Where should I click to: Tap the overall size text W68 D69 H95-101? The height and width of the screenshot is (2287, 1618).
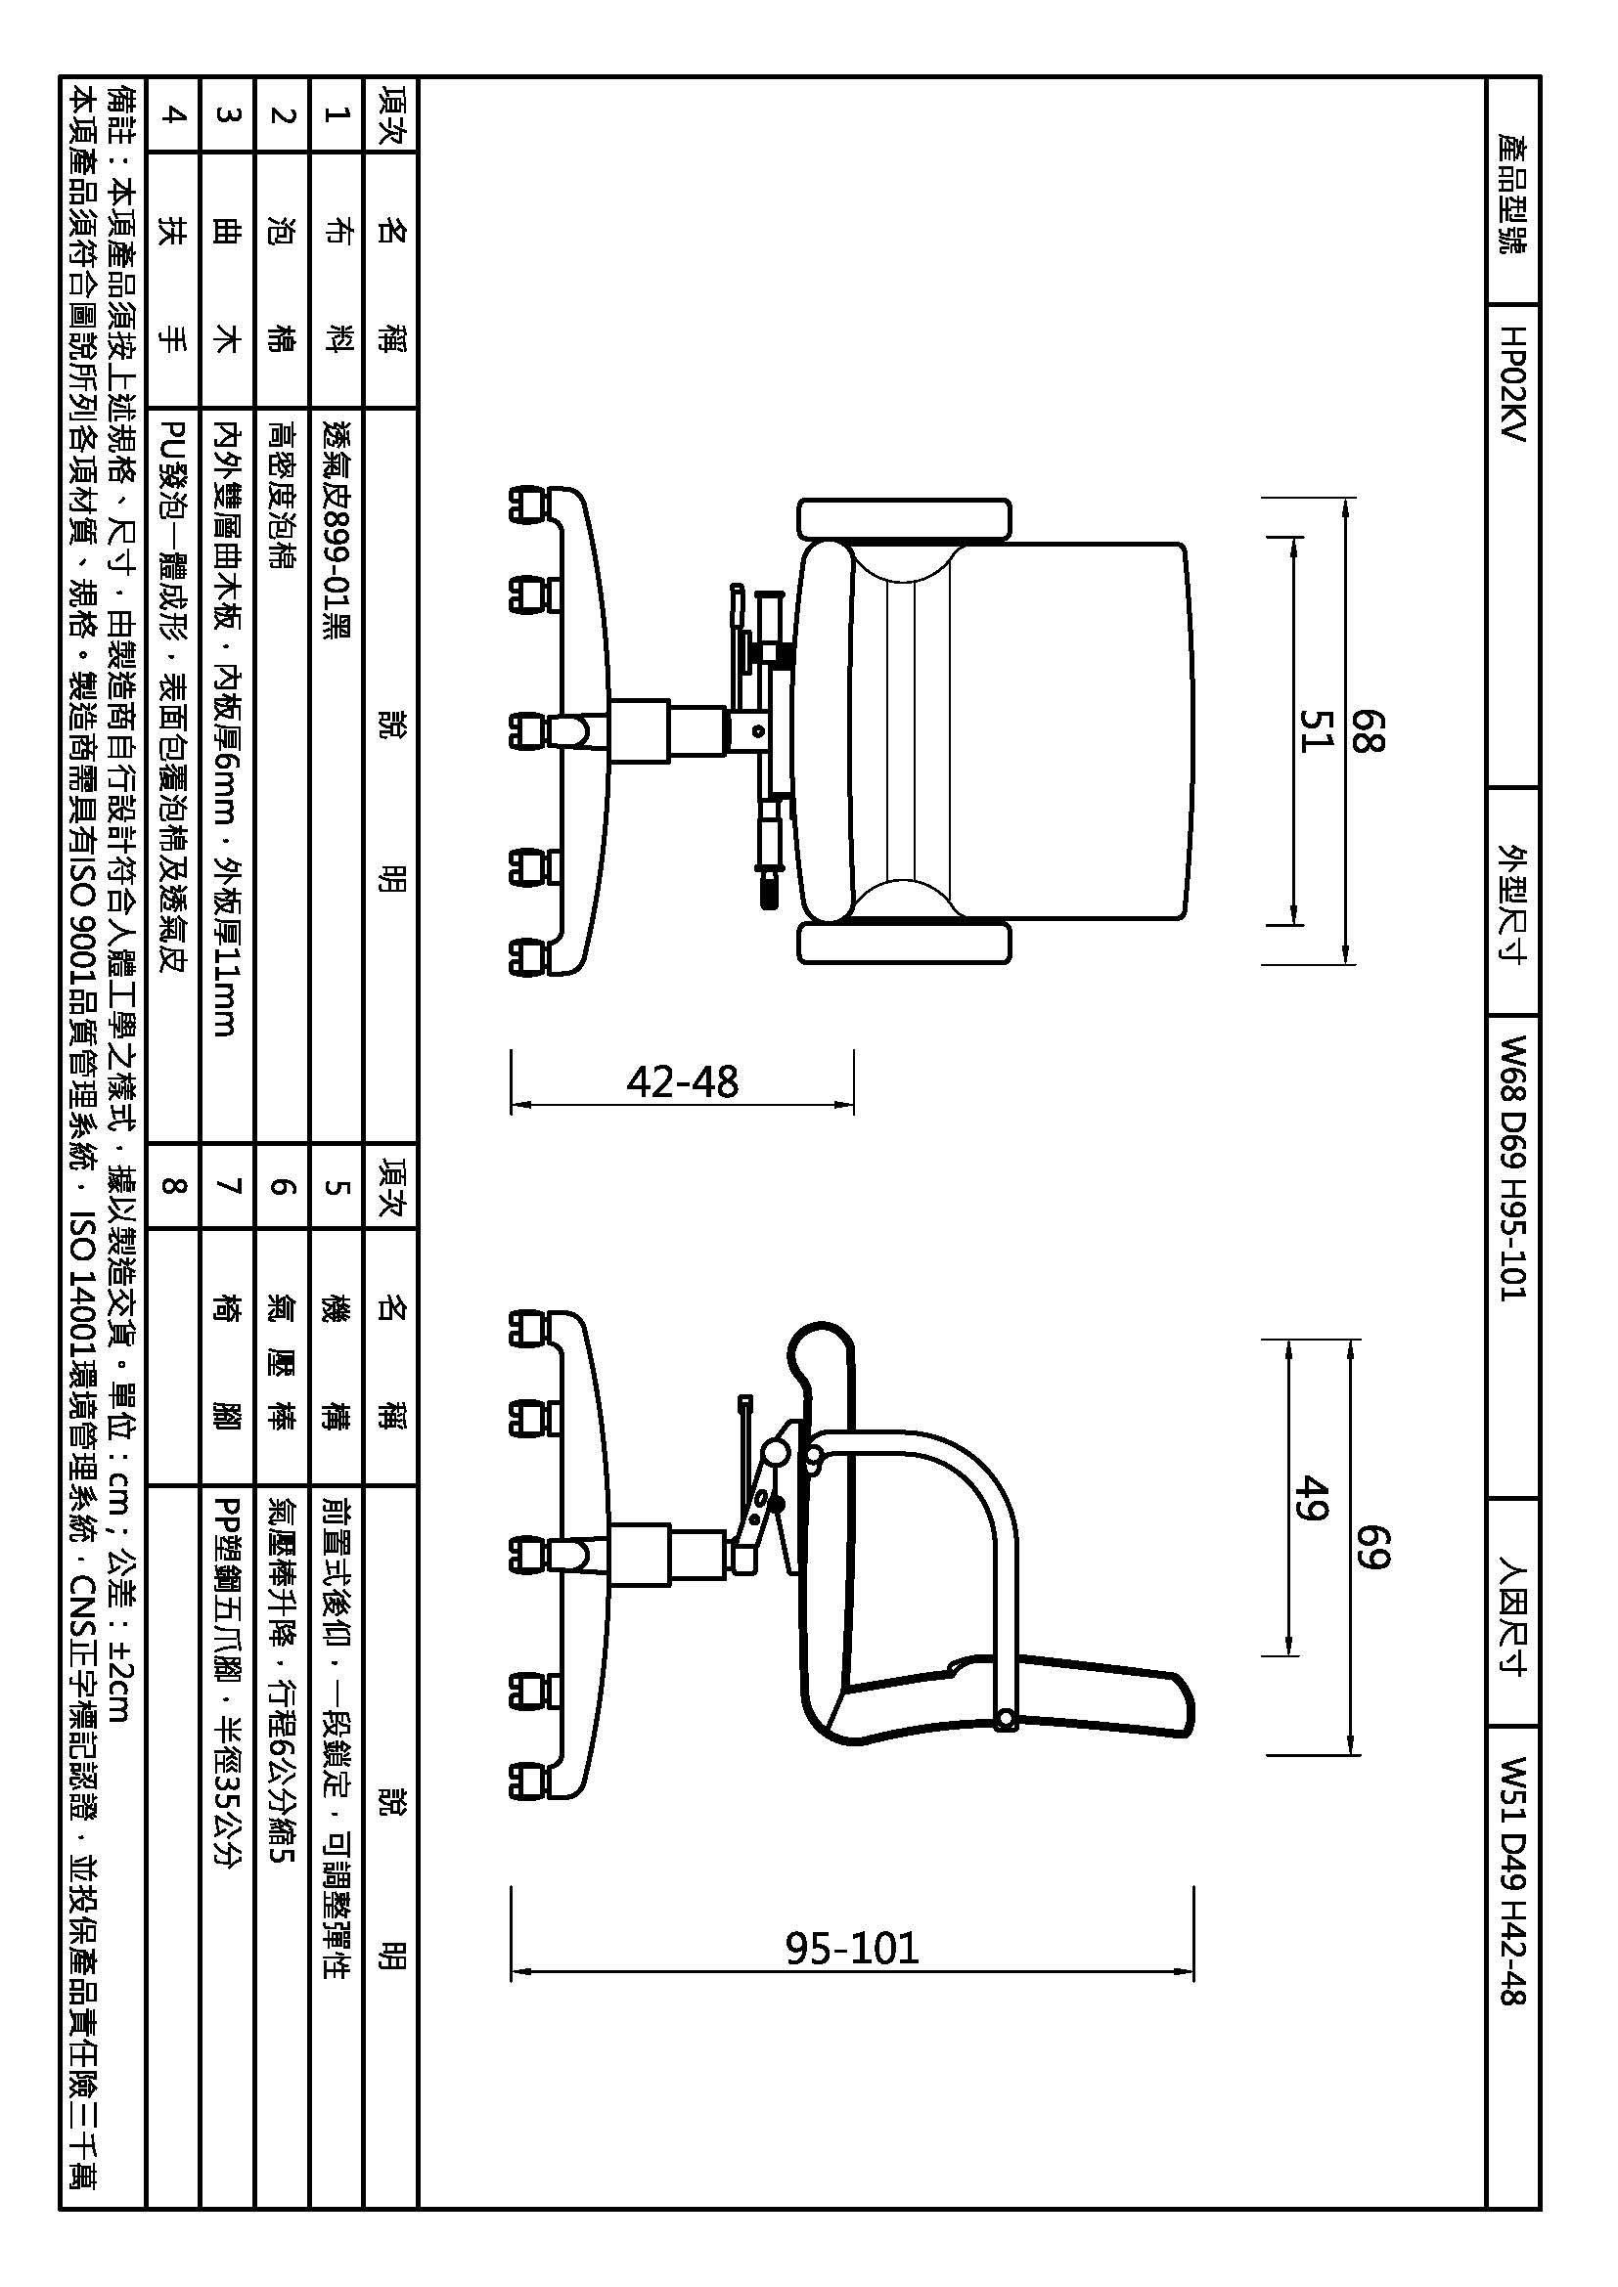(1511, 1167)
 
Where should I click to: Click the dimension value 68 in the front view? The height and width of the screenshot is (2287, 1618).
(1368, 730)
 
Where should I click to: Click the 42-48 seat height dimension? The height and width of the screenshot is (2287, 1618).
(683, 1081)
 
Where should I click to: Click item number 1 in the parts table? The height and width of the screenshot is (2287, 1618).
(337, 114)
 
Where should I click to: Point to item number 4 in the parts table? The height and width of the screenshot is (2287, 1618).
(173, 114)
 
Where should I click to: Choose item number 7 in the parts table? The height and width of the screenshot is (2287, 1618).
(228, 1186)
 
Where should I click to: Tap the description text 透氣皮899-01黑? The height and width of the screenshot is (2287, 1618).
(337, 528)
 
